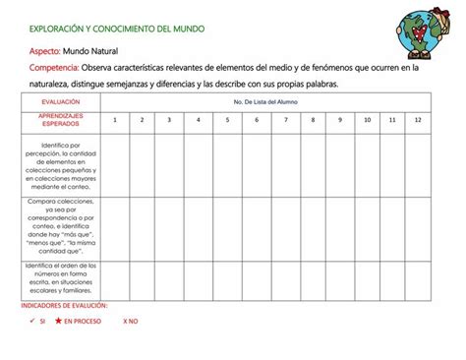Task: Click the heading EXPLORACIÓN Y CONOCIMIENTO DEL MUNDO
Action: click(117, 29)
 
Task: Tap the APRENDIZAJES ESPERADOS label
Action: click(61, 120)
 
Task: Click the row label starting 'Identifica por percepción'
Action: click(61, 165)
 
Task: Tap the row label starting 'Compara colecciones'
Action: click(61, 228)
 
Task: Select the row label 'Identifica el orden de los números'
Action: click(61, 278)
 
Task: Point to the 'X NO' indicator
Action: click(131, 322)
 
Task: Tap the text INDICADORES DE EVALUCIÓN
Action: click(64, 306)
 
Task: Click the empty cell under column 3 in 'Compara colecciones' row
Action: click(170, 228)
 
